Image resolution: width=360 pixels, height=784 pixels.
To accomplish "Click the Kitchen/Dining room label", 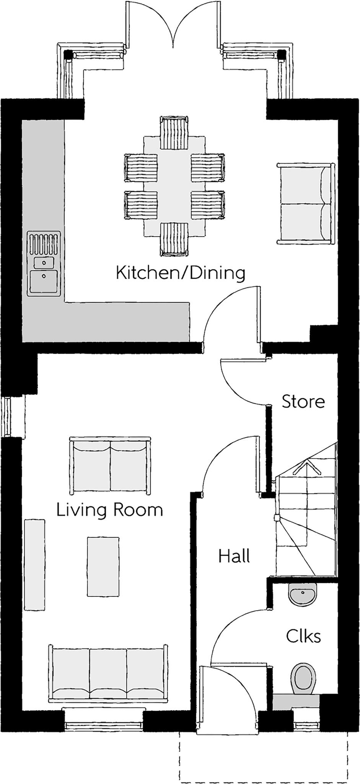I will [180, 273].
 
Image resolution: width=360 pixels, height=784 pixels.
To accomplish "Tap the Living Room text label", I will [109, 510].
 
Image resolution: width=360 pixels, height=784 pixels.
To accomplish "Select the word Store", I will [303, 402].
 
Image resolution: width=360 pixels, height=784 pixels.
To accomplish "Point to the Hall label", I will [234, 556].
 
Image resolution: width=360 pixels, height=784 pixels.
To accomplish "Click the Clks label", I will [303, 636].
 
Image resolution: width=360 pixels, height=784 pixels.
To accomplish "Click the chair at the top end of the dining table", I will [174, 133].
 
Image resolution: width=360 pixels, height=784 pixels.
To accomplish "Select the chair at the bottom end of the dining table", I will [174, 239].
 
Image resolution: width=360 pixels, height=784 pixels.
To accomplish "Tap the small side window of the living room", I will [7, 417].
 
